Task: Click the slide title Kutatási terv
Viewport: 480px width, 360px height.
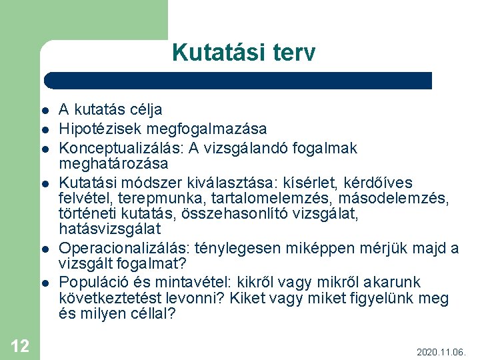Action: pos(243,53)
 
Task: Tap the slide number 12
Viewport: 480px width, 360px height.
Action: pos(20,345)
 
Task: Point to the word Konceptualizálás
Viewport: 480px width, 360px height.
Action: pos(111,147)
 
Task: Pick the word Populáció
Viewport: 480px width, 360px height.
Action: pos(89,282)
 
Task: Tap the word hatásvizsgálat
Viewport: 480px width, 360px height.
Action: pos(109,229)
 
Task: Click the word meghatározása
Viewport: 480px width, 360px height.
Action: pos(113,163)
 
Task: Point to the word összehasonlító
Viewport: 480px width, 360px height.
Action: pos(249,213)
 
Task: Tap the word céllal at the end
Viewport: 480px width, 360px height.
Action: pos(151,313)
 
